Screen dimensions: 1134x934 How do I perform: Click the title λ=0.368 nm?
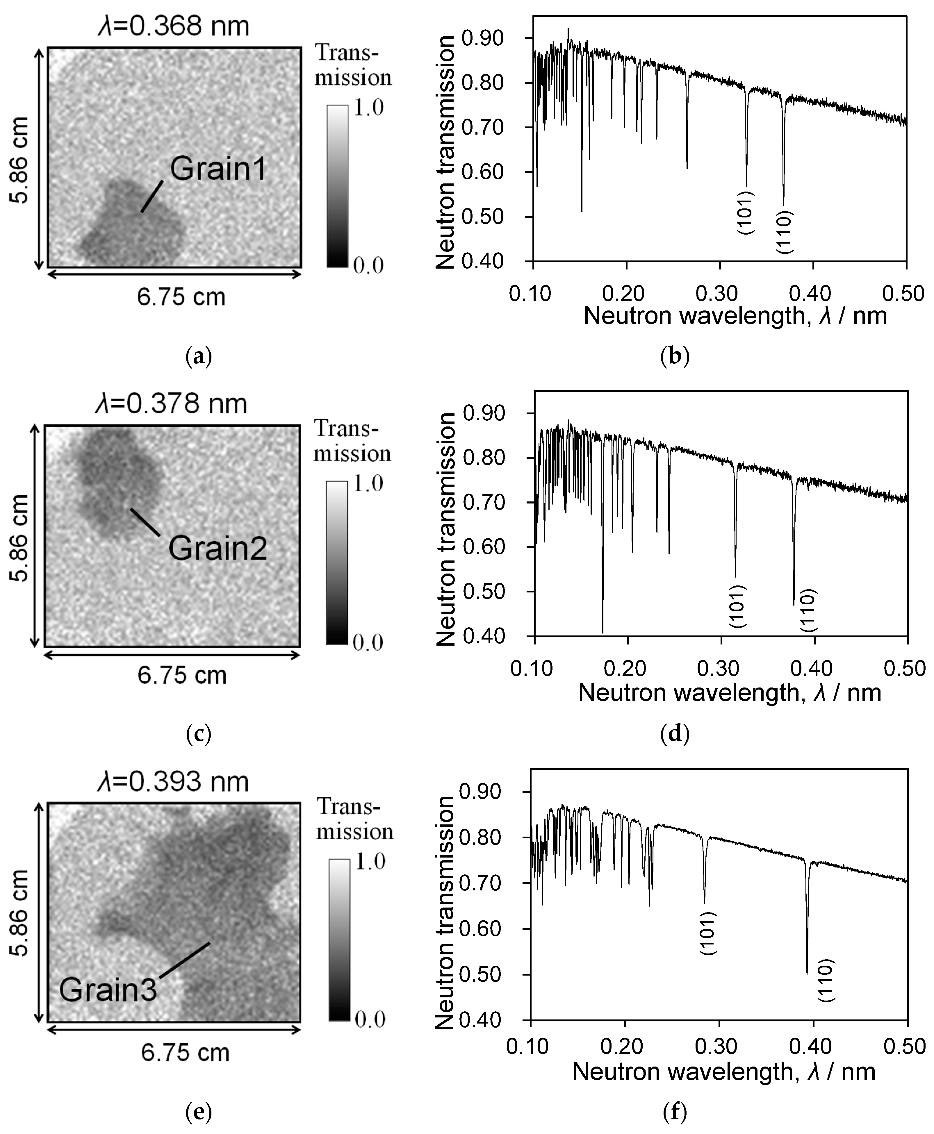[x=174, y=26]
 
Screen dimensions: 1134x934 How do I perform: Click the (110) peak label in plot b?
[x=785, y=232]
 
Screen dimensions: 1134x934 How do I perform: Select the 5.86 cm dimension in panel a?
[x=20, y=160]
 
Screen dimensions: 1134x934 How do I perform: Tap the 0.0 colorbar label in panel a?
[x=368, y=265]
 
